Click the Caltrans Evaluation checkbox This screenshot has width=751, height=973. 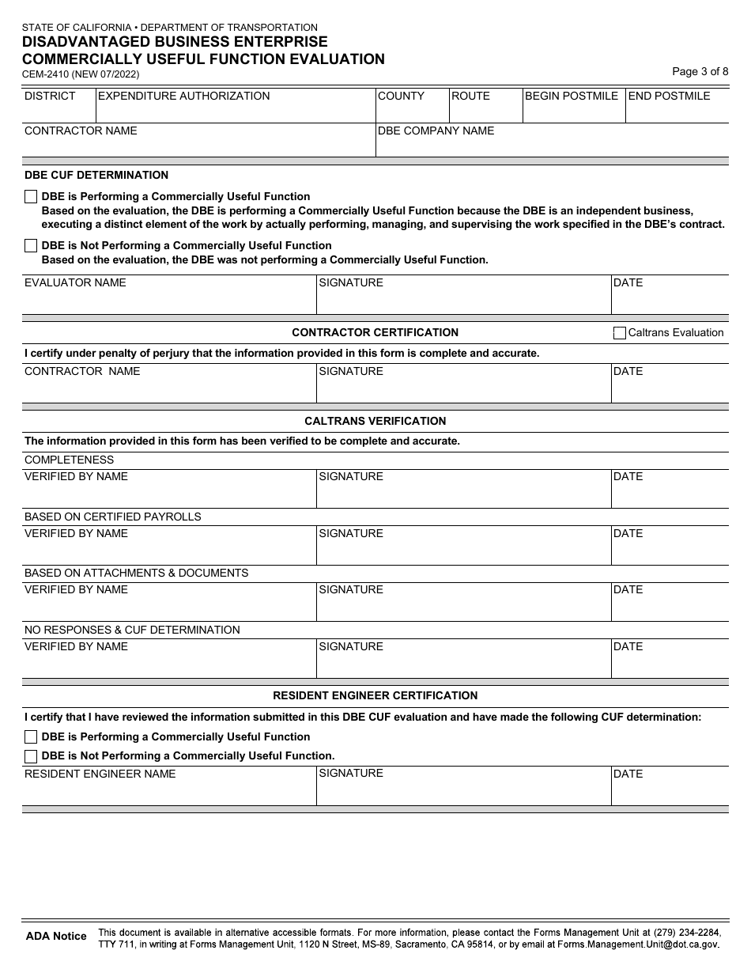coord(620,333)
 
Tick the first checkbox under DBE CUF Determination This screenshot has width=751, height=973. coord(31,197)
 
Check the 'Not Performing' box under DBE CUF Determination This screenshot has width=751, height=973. coord(31,246)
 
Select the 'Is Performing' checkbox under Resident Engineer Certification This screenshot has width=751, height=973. coord(31,737)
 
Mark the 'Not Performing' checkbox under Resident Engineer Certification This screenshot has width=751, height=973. coord(31,756)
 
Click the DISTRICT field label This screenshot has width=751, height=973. coord(50,96)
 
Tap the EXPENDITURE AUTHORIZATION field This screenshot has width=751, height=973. coord(183,96)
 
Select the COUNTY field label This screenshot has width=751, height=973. coord(401,96)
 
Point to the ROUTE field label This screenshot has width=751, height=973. coord(470,96)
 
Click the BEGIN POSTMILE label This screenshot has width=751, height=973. coord(572,96)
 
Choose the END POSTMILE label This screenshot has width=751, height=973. coord(669,96)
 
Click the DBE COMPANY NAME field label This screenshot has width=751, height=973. coord(436,131)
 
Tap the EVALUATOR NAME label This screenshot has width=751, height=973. coord(75,282)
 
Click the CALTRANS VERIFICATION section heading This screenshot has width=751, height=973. coord(375,421)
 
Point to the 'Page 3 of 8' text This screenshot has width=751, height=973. coord(700,71)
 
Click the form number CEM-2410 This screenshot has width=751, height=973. coord(46,74)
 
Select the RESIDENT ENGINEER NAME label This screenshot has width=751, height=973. coord(100,774)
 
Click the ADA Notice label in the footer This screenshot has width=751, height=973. coord(56,936)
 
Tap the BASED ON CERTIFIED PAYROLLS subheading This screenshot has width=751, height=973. coord(112,517)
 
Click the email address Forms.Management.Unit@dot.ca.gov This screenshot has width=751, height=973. coord(638,944)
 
